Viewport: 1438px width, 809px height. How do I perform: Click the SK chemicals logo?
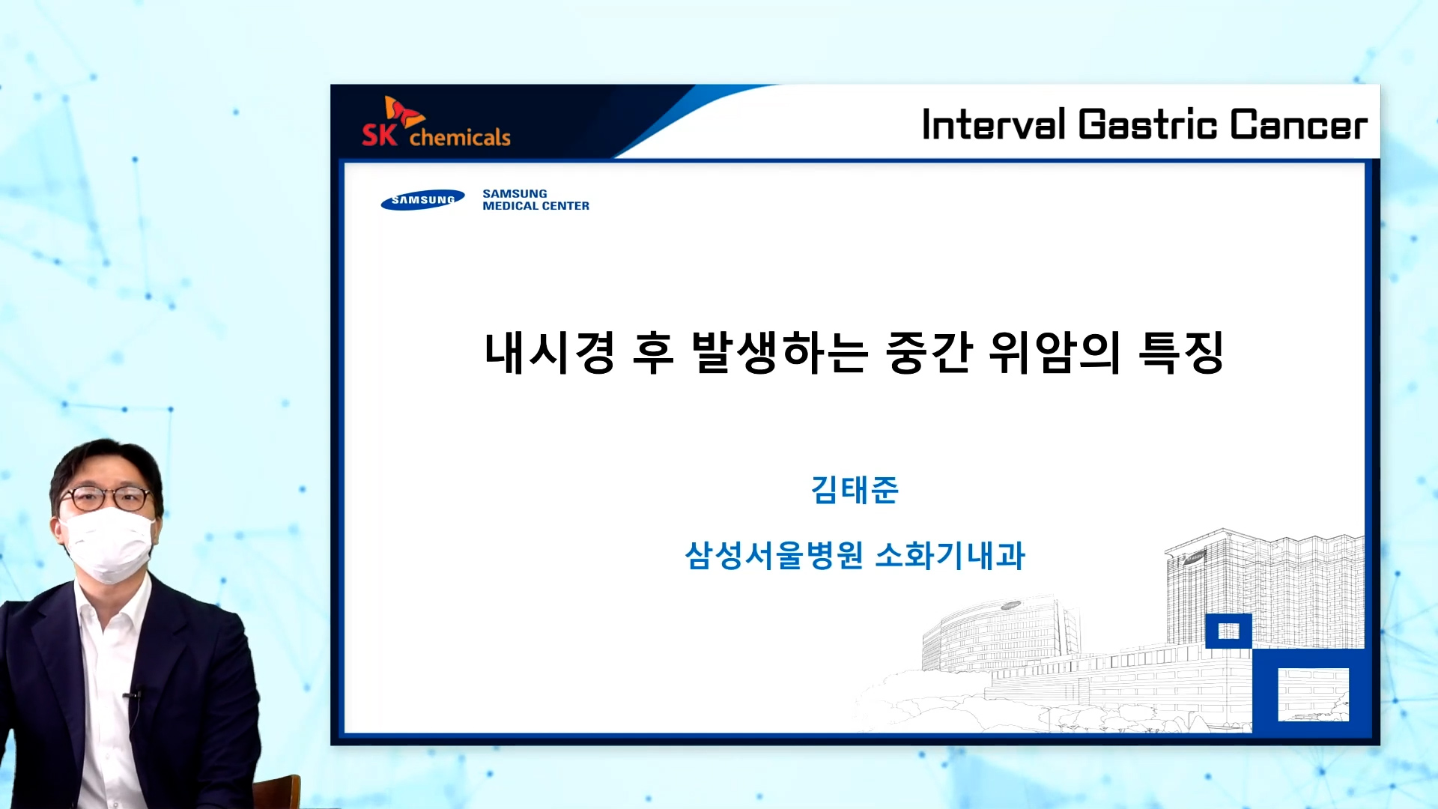click(436, 121)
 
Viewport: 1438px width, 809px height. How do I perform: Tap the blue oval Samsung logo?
click(422, 200)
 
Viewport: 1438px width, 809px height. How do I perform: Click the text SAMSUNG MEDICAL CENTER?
click(536, 199)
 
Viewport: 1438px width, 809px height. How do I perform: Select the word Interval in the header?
click(993, 124)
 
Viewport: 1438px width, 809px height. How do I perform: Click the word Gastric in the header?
click(1147, 124)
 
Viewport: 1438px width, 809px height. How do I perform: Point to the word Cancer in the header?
click(1299, 125)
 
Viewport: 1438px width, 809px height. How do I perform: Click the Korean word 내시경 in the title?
click(550, 352)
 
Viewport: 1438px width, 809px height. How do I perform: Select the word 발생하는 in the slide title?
click(780, 352)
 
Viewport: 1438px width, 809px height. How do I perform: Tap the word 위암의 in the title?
click(1055, 352)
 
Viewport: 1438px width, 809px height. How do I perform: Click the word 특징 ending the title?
click(1181, 352)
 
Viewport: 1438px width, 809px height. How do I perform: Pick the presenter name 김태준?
click(855, 490)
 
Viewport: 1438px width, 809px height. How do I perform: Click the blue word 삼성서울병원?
click(774, 556)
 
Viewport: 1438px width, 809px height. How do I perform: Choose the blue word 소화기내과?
click(950, 556)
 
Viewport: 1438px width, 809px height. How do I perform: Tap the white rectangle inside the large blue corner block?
click(1313, 694)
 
